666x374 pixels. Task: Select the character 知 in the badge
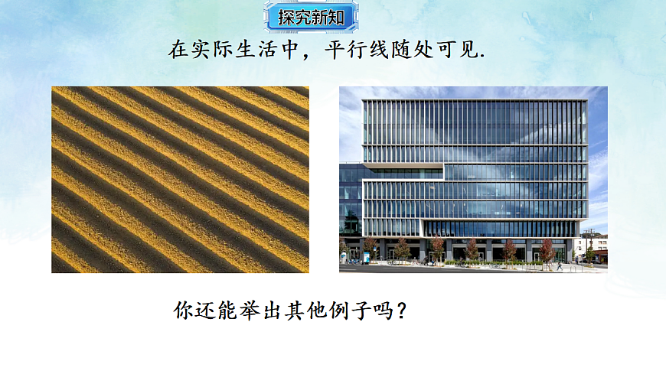coord(337,17)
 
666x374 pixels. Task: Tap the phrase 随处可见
coord(439,51)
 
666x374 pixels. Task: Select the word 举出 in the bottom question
coord(250,312)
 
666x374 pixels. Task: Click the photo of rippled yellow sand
coord(180,180)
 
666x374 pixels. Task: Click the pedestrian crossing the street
coord(560,265)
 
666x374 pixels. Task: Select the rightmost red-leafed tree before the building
coord(547,249)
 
